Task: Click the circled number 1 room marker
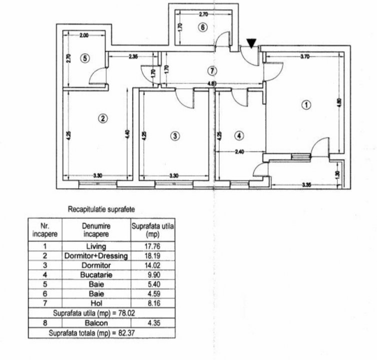[x=306, y=105]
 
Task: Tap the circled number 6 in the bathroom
[x=203, y=27]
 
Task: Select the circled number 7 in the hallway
[x=212, y=71]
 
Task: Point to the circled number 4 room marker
[x=239, y=136]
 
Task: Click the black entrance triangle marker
[x=251, y=43]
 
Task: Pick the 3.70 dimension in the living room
[x=305, y=56]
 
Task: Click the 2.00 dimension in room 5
[x=84, y=35]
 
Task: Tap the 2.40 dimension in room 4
[x=240, y=151]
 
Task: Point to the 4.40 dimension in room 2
[x=127, y=134]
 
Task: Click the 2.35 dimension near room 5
[x=133, y=56]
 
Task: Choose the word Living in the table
[x=96, y=246]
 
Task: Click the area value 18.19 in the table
[x=152, y=256]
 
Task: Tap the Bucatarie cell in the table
[x=96, y=274]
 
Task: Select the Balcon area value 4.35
[x=154, y=323]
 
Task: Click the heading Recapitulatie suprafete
[x=102, y=209]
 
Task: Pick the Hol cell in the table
[x=97, y=303]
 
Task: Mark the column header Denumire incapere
[x=96, y=230]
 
